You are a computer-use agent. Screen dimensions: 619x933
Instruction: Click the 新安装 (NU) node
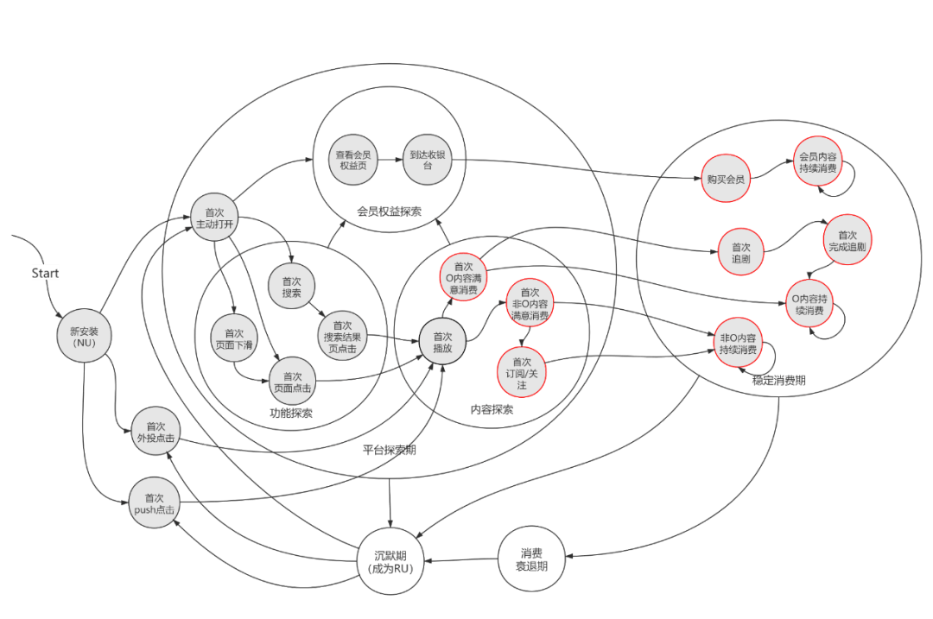click(85, 336)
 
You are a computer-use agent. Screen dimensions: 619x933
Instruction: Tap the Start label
click(45, 273)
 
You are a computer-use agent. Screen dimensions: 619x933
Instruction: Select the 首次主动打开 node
click(214, 219)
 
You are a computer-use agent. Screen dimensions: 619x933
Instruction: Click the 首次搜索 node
click(292, 287)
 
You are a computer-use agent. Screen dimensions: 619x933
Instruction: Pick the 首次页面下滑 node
click(234, 339)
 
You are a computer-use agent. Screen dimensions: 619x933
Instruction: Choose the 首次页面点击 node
click(292, 382)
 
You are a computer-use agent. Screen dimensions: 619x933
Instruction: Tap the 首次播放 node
click(442, 342)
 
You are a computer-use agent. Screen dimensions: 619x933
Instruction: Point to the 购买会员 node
click(723, 179)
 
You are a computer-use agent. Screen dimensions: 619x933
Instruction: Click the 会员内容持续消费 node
click(817, 162)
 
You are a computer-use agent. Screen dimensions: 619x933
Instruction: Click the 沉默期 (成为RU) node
click(390, 563)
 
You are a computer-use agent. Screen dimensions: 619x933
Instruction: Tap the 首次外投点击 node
click(155, 433)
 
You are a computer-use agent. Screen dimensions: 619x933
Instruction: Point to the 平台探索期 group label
click(390, 450)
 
